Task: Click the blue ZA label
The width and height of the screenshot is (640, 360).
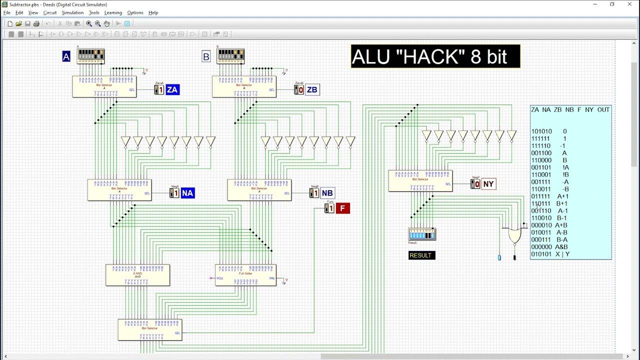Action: coord(172,90)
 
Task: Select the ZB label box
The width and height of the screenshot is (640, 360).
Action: coord(312,90)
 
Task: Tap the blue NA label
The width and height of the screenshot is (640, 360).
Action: coord(187,193)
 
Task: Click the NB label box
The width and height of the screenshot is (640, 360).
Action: coord(327,193)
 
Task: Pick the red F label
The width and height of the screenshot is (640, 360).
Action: coord(342,208)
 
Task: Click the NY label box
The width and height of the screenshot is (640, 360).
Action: coord(488,184)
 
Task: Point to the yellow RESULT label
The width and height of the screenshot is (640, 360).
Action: coord(420,255)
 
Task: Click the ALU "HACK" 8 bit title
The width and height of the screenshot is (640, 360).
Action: coord(435,56)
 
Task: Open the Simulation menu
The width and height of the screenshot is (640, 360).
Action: coord(72,12)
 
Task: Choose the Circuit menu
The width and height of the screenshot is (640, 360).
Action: coord(50,12)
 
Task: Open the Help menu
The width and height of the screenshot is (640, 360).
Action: coord(153,12)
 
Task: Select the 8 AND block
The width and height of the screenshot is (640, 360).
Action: coord(137,275)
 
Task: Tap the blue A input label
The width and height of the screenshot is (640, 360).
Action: coord(66,56)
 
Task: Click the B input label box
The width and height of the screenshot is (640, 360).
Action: coord(206,56)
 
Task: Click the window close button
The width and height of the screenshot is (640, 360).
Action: coord(629,4)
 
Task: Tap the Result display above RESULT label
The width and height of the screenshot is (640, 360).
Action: coord(422,234)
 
